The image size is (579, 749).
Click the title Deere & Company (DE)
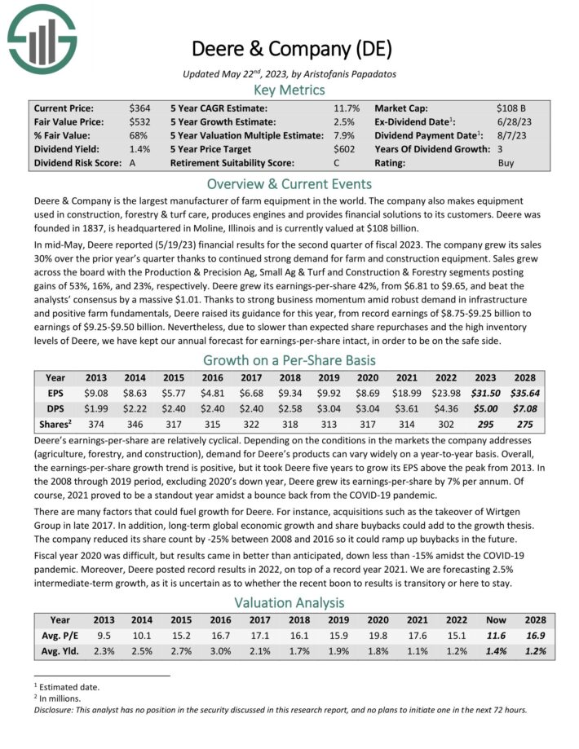pyautogui.click(x=289, y=47)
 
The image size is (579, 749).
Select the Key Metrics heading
pyautogui.click(x=289, y=90)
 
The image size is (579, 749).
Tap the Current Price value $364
pyautogui.click(x=139, y=108)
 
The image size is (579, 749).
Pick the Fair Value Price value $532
pyautogui.click(x=139, y=121)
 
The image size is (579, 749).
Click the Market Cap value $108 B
pyautogui.click(x=510, y=108)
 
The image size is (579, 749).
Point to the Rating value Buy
pyautogui.click(x=506, y=162)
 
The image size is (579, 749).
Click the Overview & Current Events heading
pyautogui.click(x=289, y=183)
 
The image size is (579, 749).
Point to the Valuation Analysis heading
pyautogui.click(x=289, y=602)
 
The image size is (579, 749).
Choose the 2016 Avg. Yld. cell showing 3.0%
pyautogui.click(x=214, y=651)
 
